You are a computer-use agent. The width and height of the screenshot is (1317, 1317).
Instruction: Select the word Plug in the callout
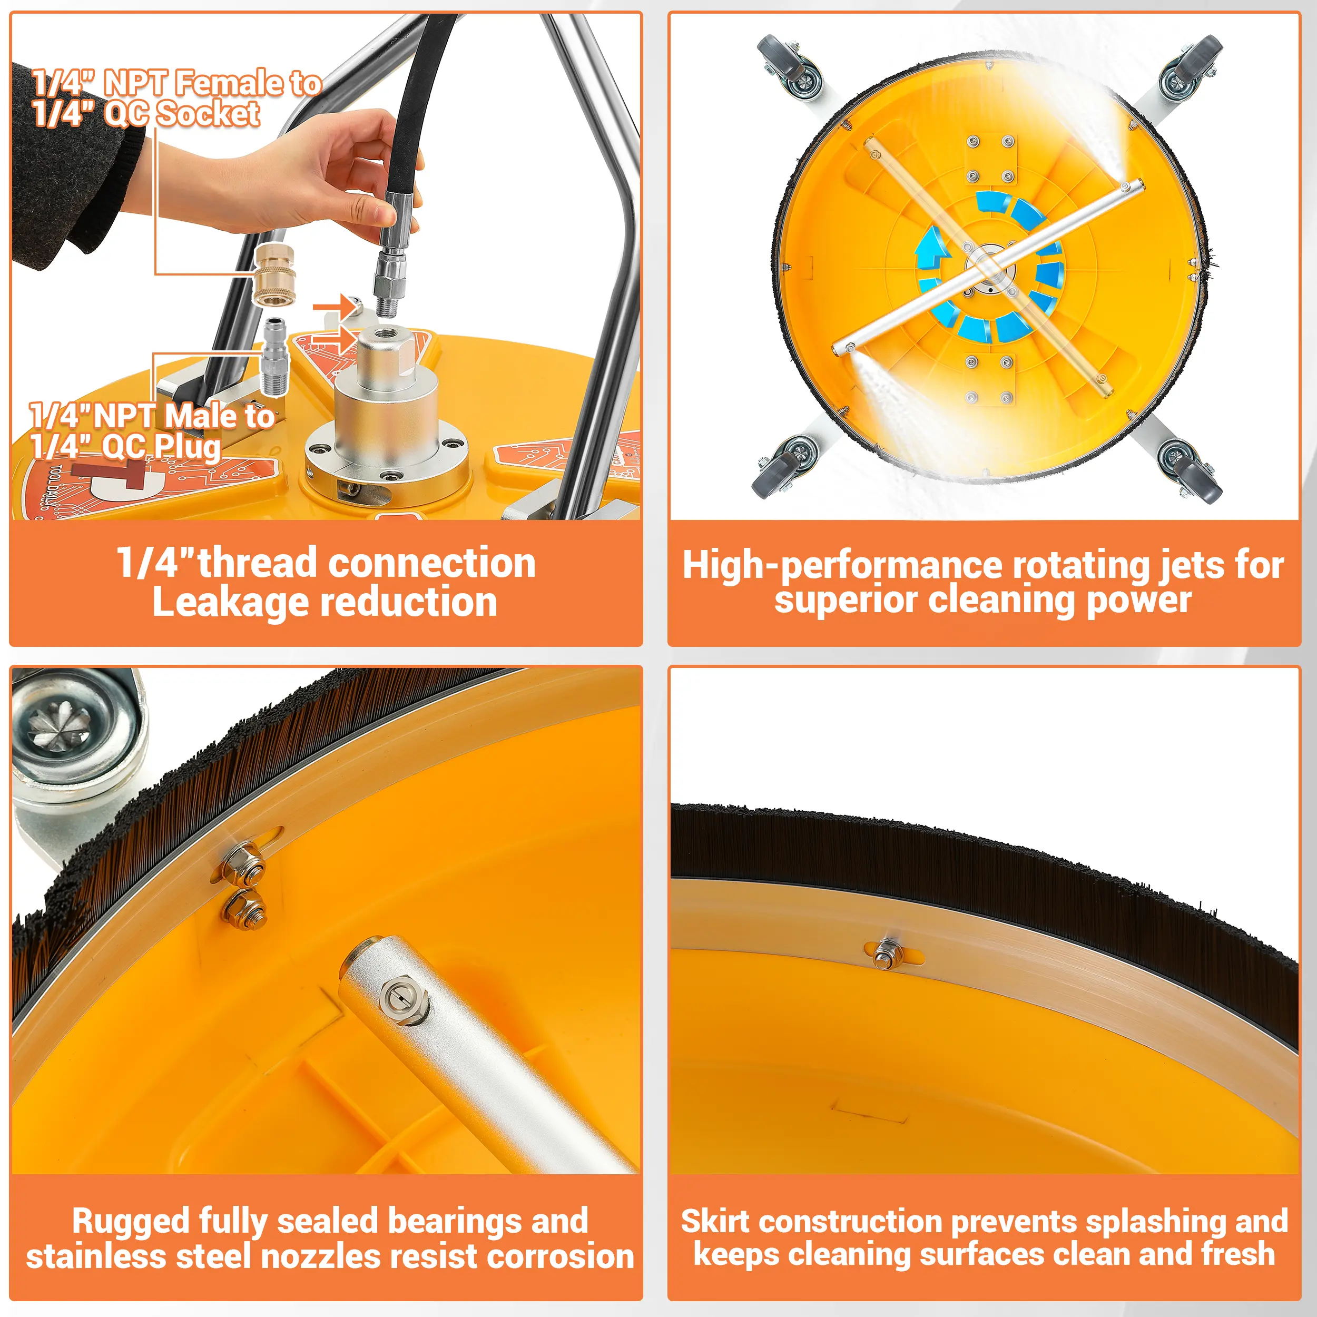pos(188,448)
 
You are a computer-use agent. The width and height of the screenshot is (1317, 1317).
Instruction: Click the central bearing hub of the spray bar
pos(990,271)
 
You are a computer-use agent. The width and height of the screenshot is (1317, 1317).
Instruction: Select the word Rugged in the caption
pos(130,1221)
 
